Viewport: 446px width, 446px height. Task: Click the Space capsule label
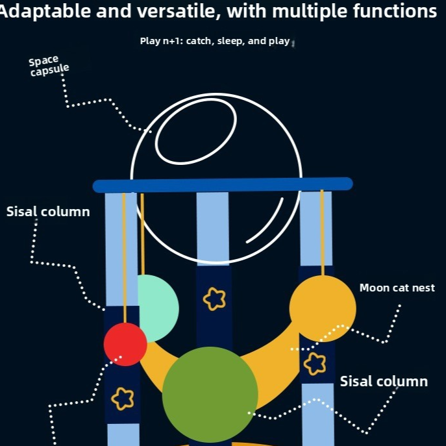pyautogui.click(x=49, y=66)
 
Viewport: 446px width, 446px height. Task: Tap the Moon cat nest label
pyautogui.click(x=397, y=288)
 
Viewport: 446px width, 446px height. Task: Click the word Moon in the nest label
pyautogui.click(x=373, y=288)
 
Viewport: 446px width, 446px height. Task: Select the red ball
pyautogui.click(x=125, y=344)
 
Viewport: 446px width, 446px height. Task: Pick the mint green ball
pyautogui.click(x=158, y=308)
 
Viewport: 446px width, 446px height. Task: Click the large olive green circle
pyautogui.click(x=210, y=395)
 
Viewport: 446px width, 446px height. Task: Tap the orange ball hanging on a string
pyautogui.click(x=323, y=308)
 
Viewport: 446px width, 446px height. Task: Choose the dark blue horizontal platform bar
pyautogui.click(x=223, y=185)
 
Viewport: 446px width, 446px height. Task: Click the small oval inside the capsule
pyautogui.click(x=196, y=131)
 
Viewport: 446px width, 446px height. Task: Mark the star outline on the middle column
pyautogui.click(x=214, y=299)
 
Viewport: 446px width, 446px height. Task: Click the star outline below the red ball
pyautogui.click(x=123, y=399)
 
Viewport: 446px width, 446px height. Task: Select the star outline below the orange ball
pyautogui.click(x=315, y=364)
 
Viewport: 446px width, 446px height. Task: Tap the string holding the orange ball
pyautogui.click(x=322, y=232)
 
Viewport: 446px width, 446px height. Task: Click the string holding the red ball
pyautogui.click(x=124, y=258)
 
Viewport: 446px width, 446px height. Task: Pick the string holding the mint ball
pyautogui.click(x=143, y=234)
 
